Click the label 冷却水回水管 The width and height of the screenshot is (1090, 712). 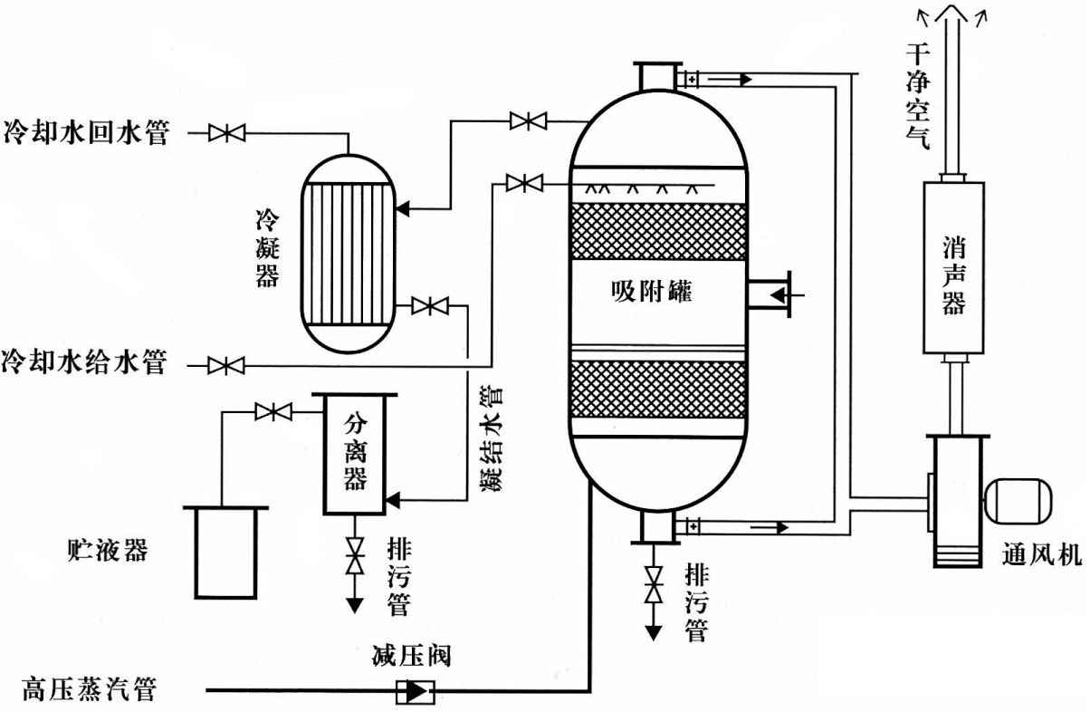click(86, 132)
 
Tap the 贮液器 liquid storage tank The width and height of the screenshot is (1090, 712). click(225, 552)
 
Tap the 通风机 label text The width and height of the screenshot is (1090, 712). click(1042, 553)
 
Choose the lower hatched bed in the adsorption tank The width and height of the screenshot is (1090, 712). click(658, 390)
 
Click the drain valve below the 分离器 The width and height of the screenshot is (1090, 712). click(354, 554)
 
